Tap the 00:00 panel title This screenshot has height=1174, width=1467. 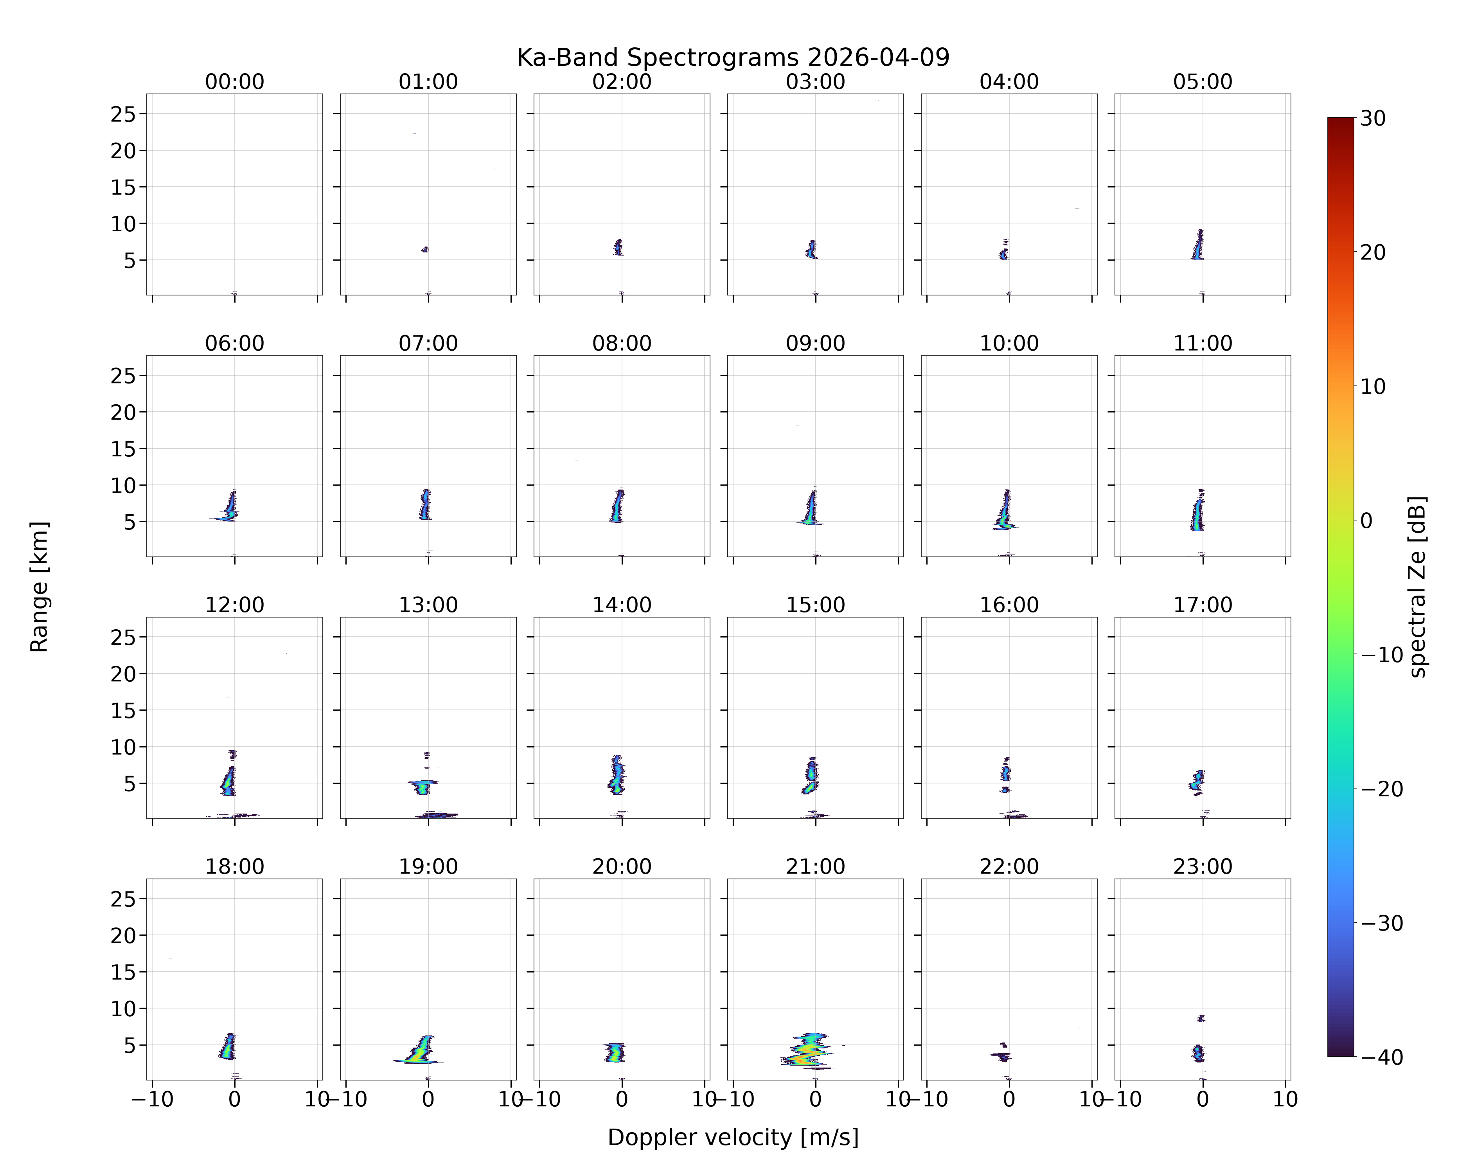[235, 82]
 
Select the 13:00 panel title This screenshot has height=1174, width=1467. [428, 605]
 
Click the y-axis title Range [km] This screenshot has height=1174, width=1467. [40, 587]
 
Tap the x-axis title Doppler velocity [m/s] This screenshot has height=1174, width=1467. [733, 1137]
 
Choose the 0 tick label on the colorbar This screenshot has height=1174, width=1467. [1366, 520]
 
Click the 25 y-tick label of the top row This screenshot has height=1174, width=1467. [123, 114]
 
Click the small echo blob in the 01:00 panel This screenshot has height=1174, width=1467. [424, 250]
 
